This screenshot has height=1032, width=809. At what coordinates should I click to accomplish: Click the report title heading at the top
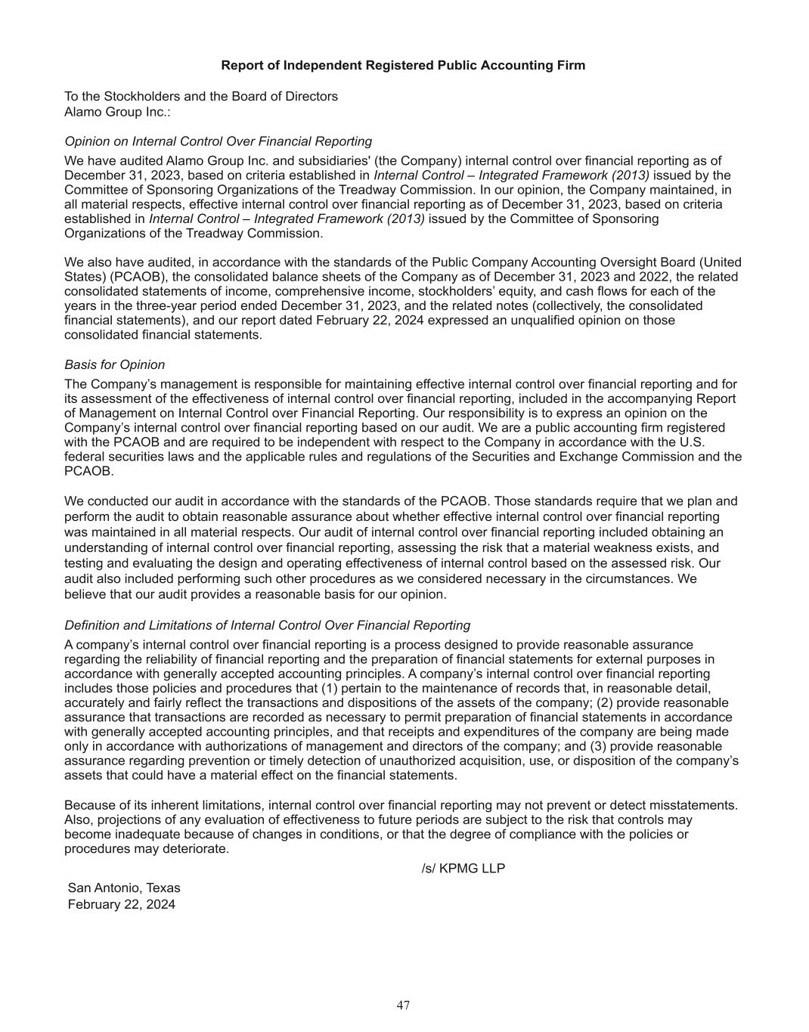[x=403, y=66]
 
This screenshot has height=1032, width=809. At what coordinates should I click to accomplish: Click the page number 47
[x=403, y=1005]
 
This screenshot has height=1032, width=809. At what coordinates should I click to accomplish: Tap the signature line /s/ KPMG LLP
[x=463, y=869]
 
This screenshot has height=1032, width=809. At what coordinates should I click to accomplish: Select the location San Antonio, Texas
[x=124, y=888]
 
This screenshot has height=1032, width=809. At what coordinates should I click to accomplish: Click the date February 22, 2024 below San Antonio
[x=122, y=904]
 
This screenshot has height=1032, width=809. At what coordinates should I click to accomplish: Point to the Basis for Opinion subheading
[x=115, y=365]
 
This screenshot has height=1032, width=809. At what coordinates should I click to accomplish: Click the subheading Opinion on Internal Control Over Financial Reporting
[x=218, y=141]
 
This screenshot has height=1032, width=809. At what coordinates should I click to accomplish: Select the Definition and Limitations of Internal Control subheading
[x=267, y=625]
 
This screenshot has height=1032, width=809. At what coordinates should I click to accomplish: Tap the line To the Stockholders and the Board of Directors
[x=201, y=97]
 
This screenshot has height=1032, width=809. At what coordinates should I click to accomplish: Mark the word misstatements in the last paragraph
[x=695, y=805]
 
